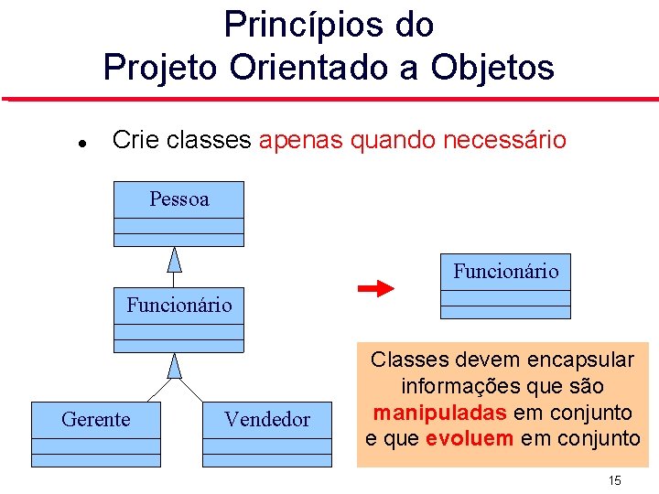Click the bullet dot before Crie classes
[82, 144]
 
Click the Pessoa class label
[178, 199]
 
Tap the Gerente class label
[96, 419]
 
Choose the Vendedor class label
[267, 419]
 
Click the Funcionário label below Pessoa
[178, 305]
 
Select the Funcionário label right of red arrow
[505, 271]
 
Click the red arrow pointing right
[375, 289]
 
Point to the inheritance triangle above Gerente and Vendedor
[175, 365]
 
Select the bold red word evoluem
[470, 438]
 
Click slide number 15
[614, 481]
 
